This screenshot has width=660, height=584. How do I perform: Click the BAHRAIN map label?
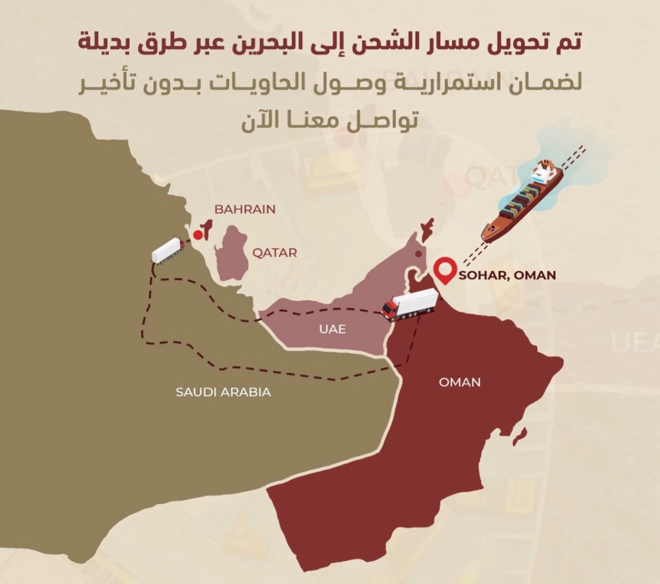click(x=245, y=210)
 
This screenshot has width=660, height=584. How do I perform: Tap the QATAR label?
click(x=274, y=253)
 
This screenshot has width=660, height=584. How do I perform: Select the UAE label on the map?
click(x=332, y=329)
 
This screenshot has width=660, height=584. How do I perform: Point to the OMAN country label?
click(x=460, y=382)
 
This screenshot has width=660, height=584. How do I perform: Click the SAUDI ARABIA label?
click(x=223, y=392)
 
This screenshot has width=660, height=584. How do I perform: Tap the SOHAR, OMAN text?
click(x=507, y=274)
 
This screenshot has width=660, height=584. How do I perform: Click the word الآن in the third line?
click(x=262, y=120)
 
